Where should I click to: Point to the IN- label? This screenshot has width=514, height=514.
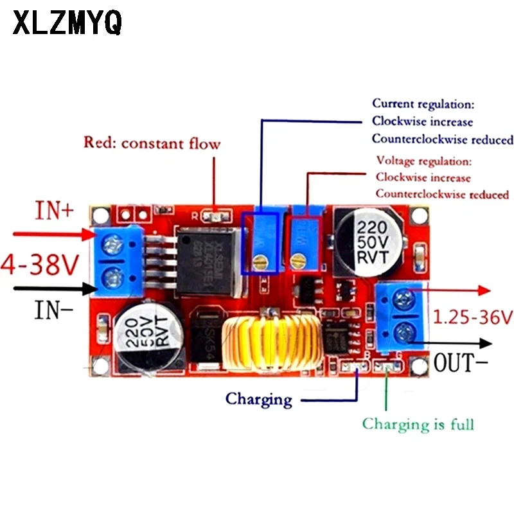click(x=54, y=312)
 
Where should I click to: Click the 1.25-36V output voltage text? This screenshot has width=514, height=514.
click(x=473, y=317)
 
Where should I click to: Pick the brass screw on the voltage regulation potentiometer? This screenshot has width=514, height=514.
click(x=297, y=260)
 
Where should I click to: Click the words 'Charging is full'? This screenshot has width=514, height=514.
click(x=418, y=424)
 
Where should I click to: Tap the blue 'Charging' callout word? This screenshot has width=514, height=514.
click(x=258, y=399)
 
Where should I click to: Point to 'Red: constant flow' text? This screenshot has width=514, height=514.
click(x=152, y=143)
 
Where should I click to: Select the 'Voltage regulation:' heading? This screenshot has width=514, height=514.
click(x=424, y=161)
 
